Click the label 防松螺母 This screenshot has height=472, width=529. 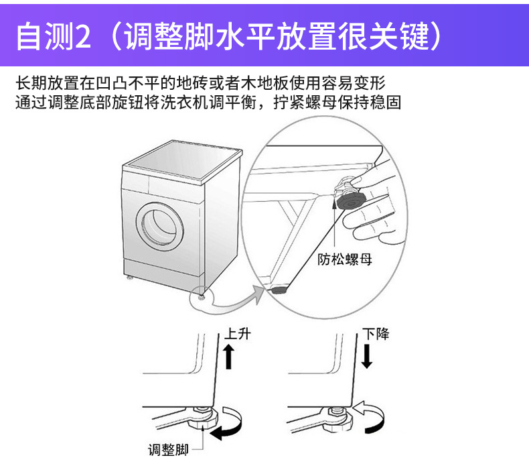[x=343, y=259]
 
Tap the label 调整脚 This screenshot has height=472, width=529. [x=168, y=449]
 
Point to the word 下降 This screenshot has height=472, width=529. [x=376, y=333]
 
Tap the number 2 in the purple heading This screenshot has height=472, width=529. [x=82, y=38]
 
